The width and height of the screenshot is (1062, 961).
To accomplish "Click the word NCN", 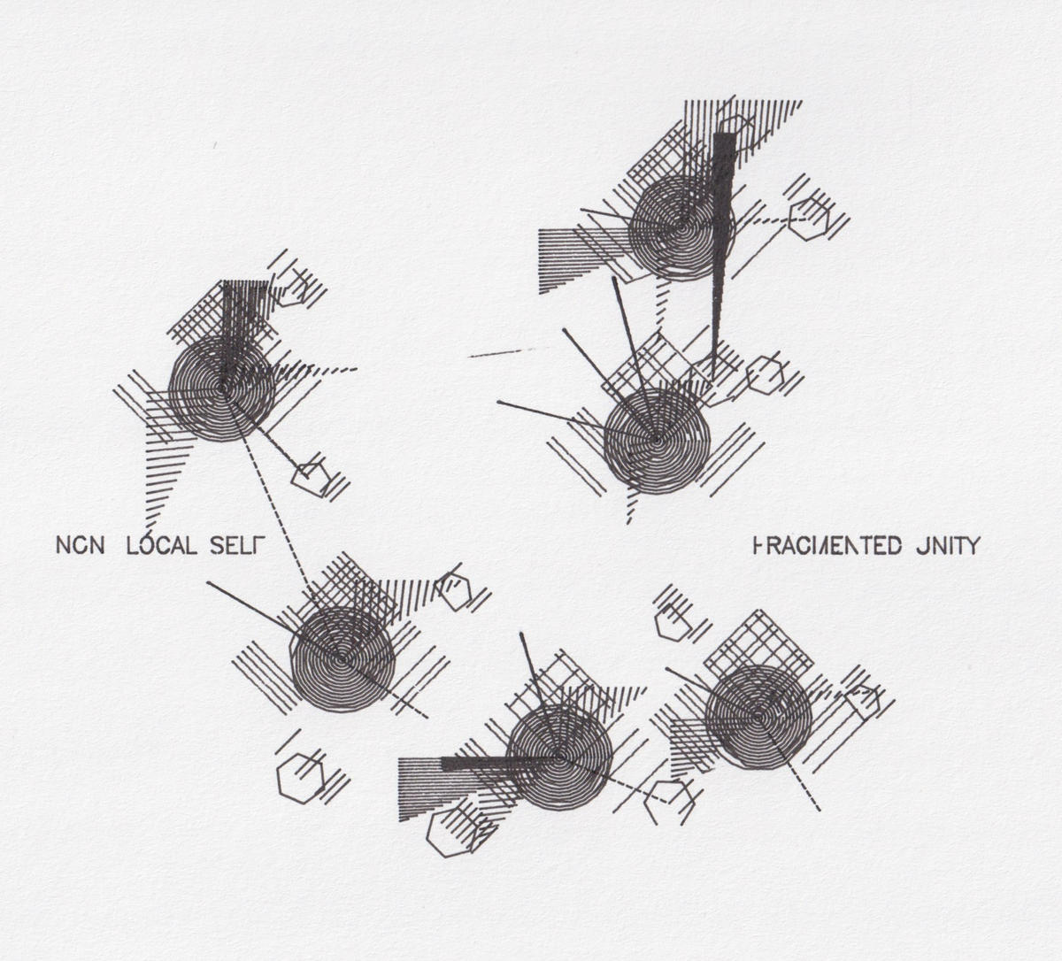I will [80, 545].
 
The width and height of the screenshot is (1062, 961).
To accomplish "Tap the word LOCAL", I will [162, 545].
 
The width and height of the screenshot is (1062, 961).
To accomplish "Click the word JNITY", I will [945, 545].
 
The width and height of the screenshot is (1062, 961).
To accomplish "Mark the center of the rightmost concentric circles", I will [758, 716].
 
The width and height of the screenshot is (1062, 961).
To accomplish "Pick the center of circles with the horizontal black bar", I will [559, 758].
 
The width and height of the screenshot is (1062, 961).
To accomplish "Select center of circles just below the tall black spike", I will [657, 439].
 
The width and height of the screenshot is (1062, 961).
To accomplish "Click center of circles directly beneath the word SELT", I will [342, 658].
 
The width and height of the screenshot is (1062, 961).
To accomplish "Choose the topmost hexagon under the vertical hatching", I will [735, 131].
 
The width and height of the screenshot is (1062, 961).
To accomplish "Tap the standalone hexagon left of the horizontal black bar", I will [301, 778].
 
